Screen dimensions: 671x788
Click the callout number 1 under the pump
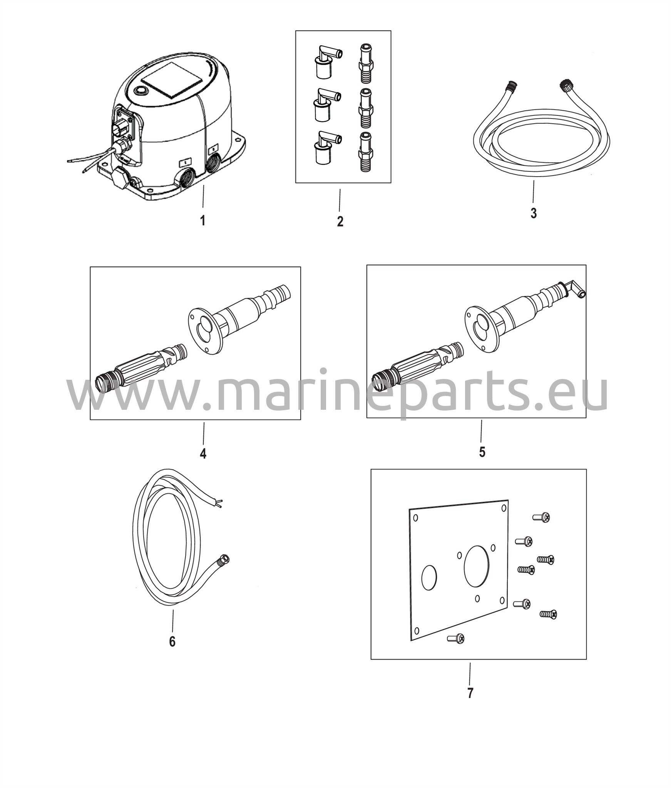(x=202, y=221)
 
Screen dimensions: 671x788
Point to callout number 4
(x=203, y=454)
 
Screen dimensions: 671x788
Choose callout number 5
(x=482, y=452)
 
